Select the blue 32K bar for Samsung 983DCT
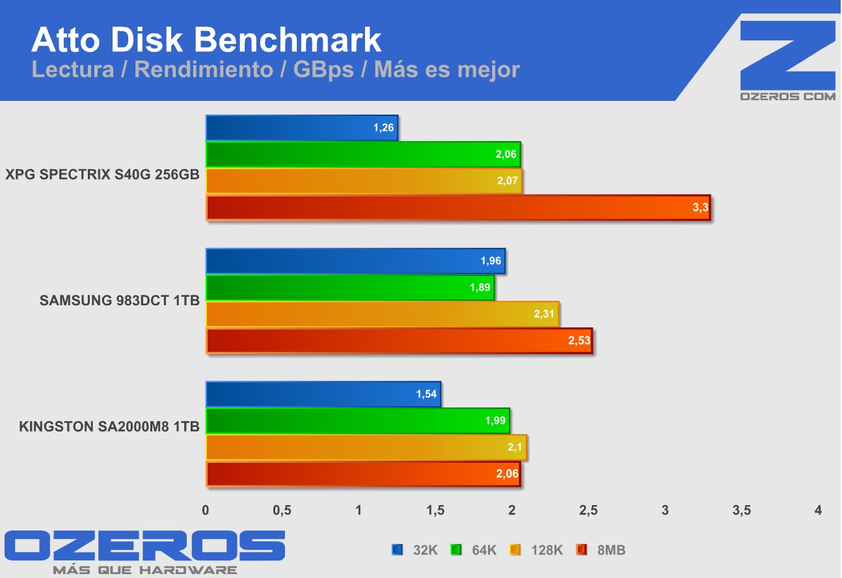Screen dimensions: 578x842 355,261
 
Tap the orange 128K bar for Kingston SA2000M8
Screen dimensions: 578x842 366,447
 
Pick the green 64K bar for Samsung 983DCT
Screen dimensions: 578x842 350,288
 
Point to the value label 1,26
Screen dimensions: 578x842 384,128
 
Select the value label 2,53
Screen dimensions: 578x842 579,341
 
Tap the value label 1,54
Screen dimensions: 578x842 426,394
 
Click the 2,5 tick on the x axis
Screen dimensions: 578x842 588,511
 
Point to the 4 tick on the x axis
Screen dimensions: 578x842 818,511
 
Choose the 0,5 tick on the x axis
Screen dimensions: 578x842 282,511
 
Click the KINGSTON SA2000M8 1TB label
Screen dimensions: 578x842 109,428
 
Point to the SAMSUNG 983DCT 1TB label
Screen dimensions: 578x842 119,301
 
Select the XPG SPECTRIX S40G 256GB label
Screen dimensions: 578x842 102,174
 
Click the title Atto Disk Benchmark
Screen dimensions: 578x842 206,40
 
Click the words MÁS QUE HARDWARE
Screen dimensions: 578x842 144,570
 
